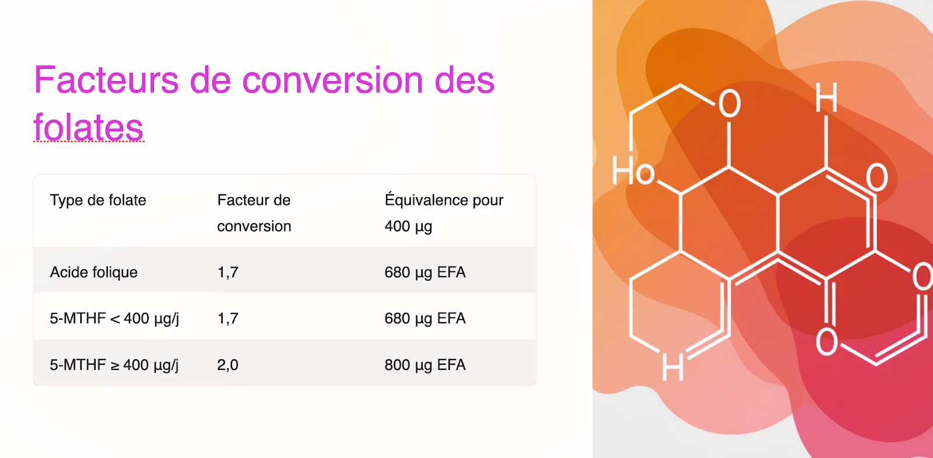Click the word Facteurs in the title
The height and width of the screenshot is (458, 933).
(106, 80)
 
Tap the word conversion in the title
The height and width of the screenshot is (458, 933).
(332, 80)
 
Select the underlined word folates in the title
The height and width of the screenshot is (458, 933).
(88, 128)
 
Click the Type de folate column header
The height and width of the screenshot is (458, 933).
(98, 200)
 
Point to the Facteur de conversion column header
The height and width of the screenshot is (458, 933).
(254, 213)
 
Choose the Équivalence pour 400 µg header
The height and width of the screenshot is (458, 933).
(443, 213)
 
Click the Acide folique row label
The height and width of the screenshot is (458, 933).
(94, 272)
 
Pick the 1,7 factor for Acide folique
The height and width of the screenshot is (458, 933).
(227, 272)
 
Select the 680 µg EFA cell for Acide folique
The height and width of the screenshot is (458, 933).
(425, 272)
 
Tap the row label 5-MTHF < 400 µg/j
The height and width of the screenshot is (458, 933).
(114, 319)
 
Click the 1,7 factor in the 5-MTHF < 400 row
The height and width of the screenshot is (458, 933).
(227, 319)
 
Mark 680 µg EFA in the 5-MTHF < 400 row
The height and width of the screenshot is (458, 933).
(425, 319)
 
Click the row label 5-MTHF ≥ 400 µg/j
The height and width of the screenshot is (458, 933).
(114, 365)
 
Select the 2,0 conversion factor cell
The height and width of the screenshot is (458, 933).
(227, 365)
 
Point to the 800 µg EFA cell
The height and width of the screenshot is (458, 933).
(425, 365)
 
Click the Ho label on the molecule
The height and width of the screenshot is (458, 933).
(633, 172)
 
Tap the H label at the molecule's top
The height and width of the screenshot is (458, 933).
(826, 97)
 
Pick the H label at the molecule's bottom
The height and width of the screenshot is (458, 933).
(672, 368)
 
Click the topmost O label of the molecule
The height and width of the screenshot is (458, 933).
(729, 104)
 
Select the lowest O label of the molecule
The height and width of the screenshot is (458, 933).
(827, 342)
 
